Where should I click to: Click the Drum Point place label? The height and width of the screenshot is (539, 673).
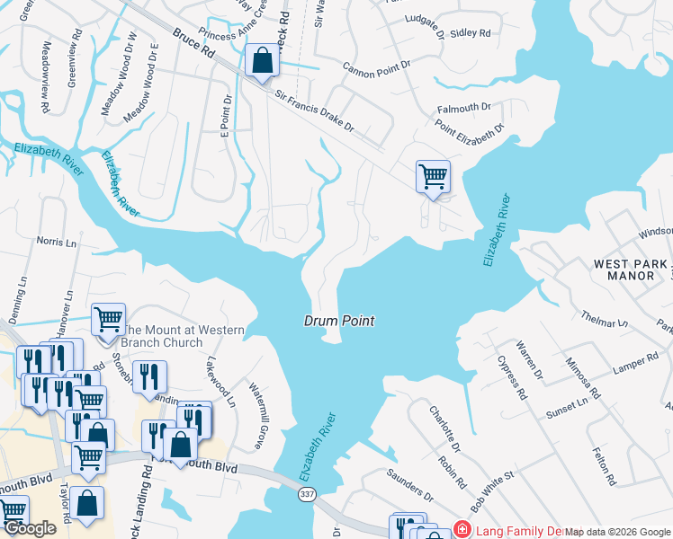point(338,321)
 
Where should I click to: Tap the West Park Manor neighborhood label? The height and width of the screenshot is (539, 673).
point(631,269)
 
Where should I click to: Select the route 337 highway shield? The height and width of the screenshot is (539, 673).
point(307,496)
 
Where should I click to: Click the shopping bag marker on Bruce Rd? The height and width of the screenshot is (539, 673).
point(262,62)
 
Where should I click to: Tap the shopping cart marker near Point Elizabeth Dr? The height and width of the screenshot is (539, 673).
point(433,175)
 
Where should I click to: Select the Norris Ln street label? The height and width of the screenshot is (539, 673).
point(56,242)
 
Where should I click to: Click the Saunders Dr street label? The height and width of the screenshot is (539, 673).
point(410,486)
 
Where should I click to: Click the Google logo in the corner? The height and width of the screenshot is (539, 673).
point(31,529)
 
